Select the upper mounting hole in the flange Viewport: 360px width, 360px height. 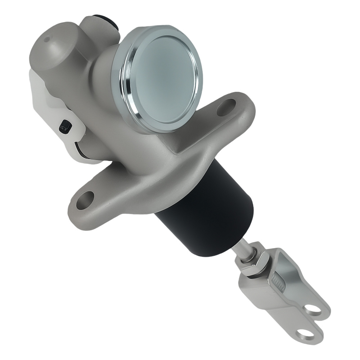(226, 107)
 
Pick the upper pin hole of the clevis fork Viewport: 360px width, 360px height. (313, 309)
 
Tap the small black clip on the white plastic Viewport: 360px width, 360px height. (65, 126)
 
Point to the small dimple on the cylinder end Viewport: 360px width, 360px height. (47, 39)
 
